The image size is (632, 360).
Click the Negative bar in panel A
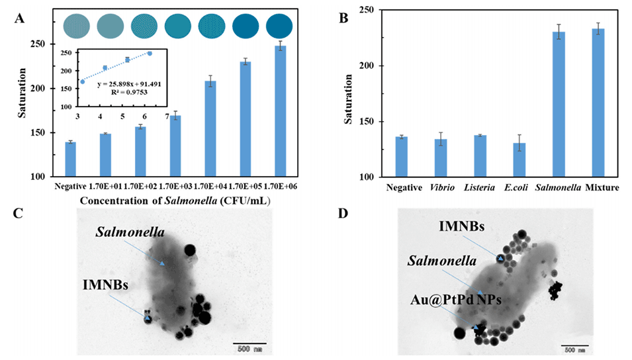[70, 159]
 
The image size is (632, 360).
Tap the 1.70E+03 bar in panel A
[175, 146]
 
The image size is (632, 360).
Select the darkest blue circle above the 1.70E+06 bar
[280, 26]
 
